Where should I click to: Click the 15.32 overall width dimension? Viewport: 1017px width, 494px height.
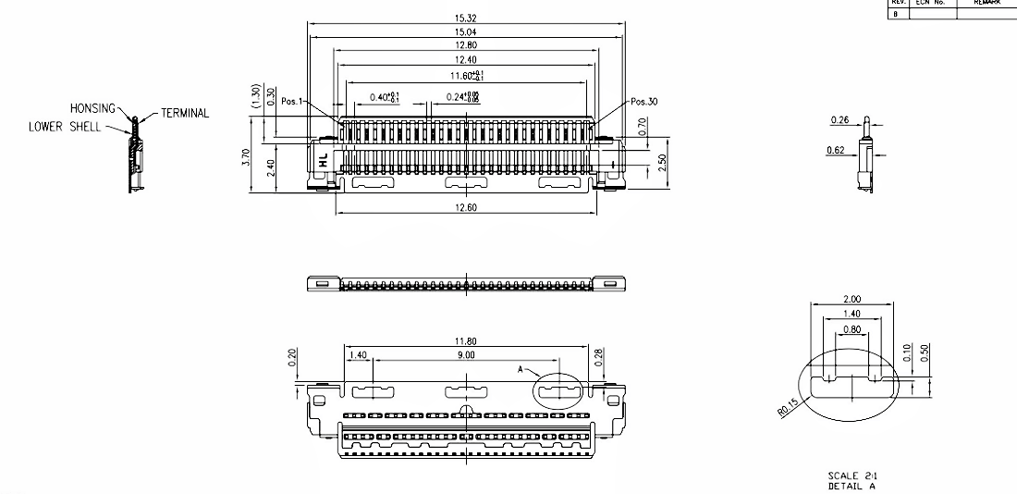[x=466, y=19]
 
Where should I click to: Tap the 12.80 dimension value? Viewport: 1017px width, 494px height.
[x=466, y=45]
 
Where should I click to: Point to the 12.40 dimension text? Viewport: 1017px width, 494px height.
[x=466, y=59]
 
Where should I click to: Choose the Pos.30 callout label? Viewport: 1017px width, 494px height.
[x=644, y=102]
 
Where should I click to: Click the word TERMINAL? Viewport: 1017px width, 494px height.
[x=185, y=114]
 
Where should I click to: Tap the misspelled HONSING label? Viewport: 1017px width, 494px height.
[x=92, y=108]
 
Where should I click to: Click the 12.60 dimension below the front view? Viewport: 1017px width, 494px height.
[x=466, y=208]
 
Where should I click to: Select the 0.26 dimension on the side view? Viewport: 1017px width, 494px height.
[x=839, y=120]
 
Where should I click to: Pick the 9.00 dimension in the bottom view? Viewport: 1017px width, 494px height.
[x=466, y=354]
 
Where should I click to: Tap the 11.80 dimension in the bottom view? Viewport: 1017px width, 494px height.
[x=466, y=341]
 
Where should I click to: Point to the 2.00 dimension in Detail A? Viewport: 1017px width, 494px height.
[x=852, y=300]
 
